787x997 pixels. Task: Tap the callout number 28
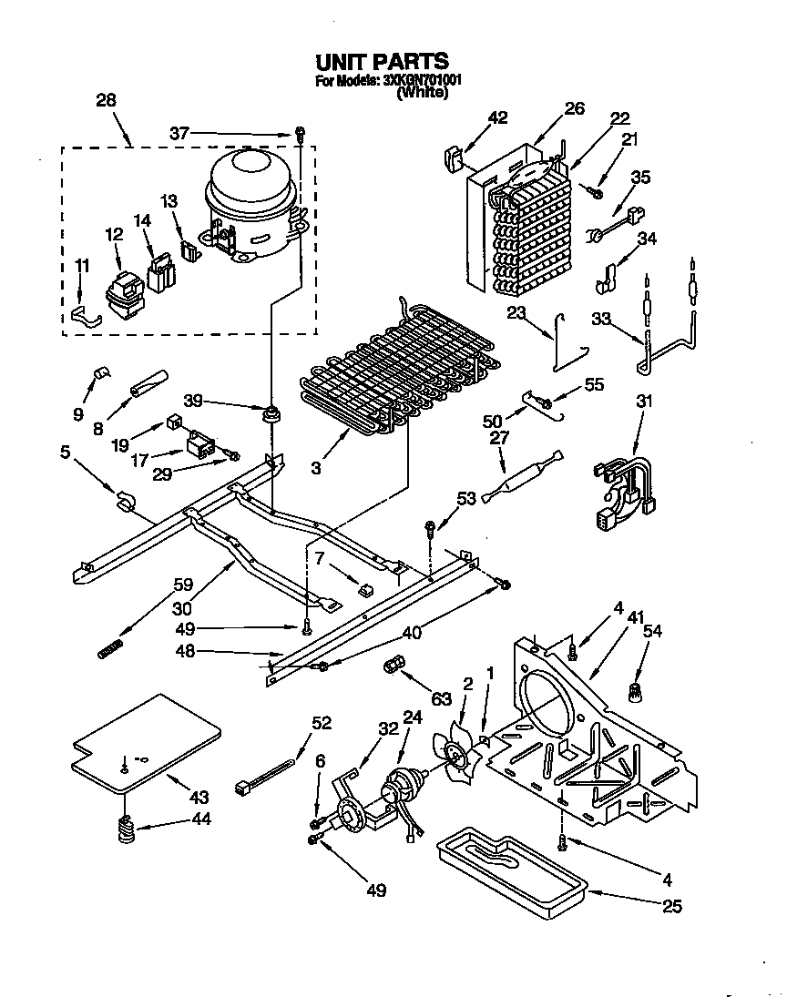pyautogui.click(x=106, y=101)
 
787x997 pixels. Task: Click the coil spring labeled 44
pyautogui.click(x=127, y=829)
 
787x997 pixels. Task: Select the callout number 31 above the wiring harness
pyautogui.click(x=644, y=401)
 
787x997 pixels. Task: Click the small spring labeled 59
pyautogui.click(x=109, y=647)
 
